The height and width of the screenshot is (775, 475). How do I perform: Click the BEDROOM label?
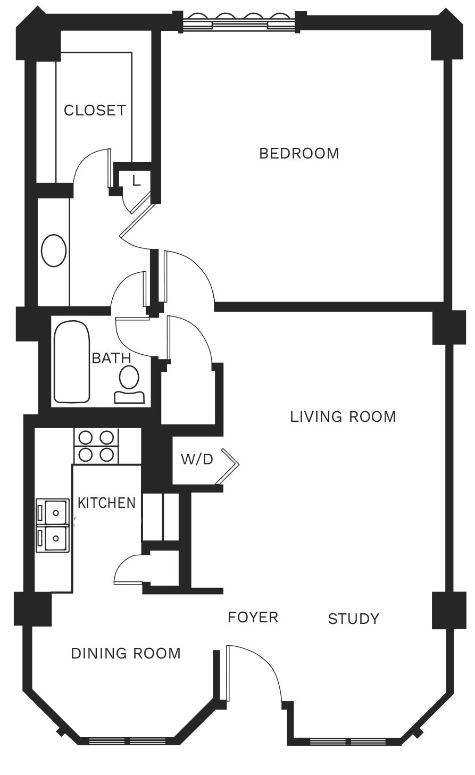299,153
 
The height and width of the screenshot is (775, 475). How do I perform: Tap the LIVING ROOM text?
343,416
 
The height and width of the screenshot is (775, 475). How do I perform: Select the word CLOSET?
95,110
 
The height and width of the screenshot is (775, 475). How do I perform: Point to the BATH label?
111,358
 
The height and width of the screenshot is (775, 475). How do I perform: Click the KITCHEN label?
106,503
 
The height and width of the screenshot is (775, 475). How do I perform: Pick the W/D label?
197,459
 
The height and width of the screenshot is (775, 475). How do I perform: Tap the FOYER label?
253,617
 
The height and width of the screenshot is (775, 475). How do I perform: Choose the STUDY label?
353,619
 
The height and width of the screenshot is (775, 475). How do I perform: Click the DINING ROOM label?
126,653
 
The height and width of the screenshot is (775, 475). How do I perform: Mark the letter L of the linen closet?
136,180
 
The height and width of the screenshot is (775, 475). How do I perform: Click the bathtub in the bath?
72,362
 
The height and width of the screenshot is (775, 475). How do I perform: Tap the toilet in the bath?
129,385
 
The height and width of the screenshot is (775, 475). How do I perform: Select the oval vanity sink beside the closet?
54,251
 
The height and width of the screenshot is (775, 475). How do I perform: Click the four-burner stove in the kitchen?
96,446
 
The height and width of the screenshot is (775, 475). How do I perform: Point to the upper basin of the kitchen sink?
53,512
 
